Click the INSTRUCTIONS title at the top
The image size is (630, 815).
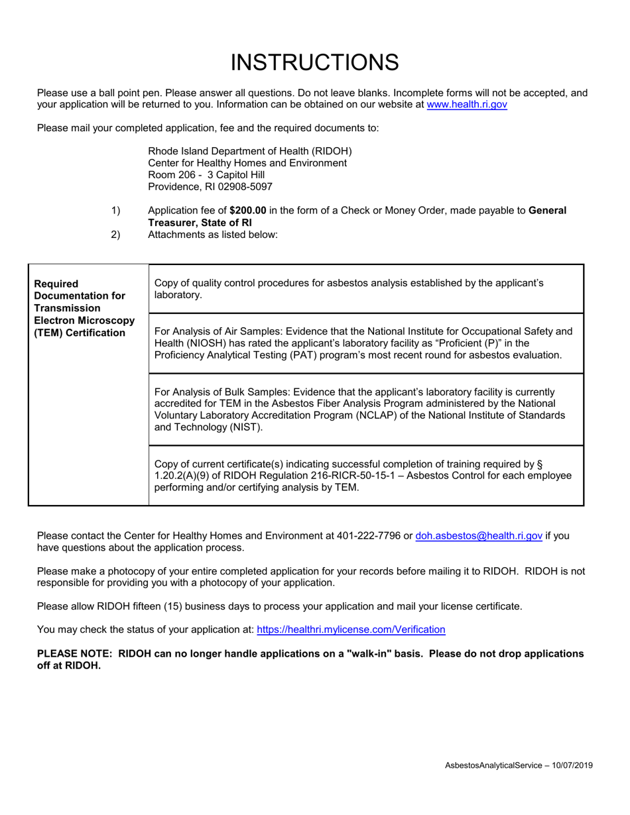314,62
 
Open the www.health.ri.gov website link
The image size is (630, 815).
467,105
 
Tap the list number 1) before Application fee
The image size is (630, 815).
115,211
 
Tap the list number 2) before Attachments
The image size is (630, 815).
115,235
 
